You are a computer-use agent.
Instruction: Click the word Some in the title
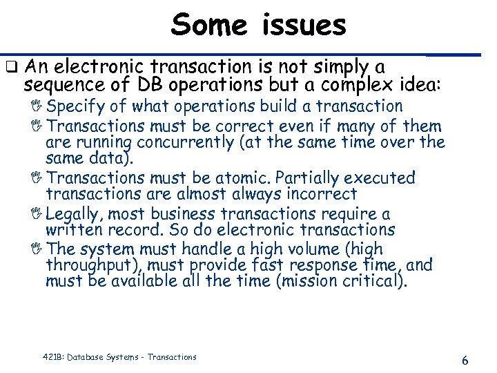[209, 26]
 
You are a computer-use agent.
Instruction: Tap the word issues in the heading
[304, 26]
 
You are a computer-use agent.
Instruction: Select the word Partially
[311, 178]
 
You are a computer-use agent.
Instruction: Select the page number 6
[465, 361]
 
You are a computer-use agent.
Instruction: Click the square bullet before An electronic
[10, 68]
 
